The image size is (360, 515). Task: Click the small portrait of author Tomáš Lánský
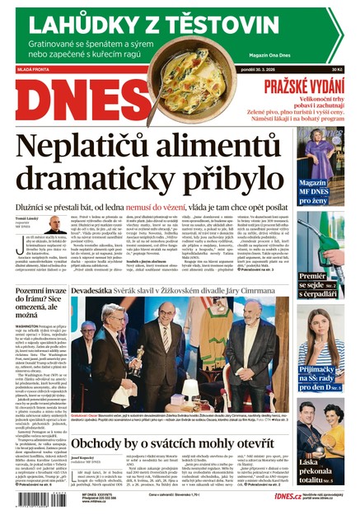[55, 224]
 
